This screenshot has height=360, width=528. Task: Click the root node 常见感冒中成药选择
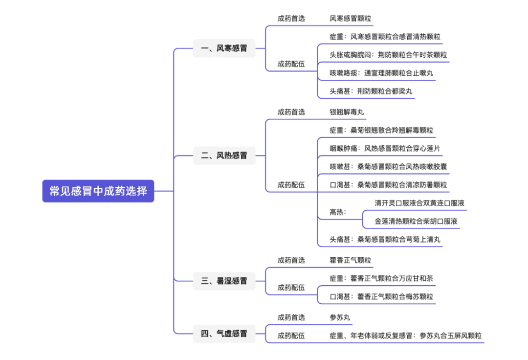[x=98, y=191]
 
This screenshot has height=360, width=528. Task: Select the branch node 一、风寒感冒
[x=224, y=48]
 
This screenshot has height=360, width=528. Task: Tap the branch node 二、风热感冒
[x=224, y=156]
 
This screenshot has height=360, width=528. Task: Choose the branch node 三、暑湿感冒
[x=224, y=281]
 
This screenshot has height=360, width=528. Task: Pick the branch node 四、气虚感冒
[x=224, y=334]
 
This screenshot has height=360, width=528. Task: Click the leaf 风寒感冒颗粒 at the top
[x=350, y=19]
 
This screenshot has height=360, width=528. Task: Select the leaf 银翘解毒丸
[x=347, y=112]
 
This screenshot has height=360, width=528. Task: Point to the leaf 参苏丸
[x=340, y=317]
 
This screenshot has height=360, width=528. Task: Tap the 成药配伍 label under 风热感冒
[x=291, y=185]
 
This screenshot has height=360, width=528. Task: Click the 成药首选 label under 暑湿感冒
[x=291, y=260]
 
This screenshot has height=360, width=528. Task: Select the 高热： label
[x=338, y=212]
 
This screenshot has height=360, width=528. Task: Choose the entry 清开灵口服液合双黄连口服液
[x=419, y=203]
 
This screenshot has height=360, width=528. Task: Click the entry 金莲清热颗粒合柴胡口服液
[x=416, y=221]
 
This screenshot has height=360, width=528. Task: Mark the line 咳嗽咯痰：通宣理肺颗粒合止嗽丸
[x=381, y=73]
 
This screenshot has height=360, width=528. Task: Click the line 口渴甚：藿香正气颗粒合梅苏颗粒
[x=381, y=296]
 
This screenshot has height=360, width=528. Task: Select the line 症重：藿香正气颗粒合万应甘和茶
[x=381, y=278]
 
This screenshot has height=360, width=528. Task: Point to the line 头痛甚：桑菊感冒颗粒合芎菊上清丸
[x=385, y=239]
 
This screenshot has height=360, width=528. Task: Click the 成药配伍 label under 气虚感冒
[x=291, y=336]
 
